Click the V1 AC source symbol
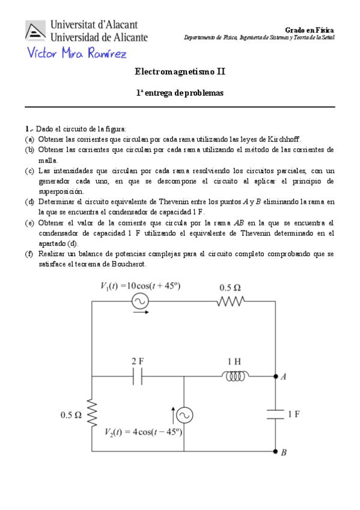point(140,301)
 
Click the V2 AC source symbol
point(183,415)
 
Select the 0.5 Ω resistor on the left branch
point(92,414)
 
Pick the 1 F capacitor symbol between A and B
point(275,414)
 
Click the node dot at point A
point(275,377)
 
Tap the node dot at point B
point(275,451)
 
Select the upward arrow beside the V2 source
point(173,414)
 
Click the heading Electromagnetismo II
point(180,72)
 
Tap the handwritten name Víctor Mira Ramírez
point(77,55)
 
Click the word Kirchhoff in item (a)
point(282,138)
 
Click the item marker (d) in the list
point(29,201)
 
